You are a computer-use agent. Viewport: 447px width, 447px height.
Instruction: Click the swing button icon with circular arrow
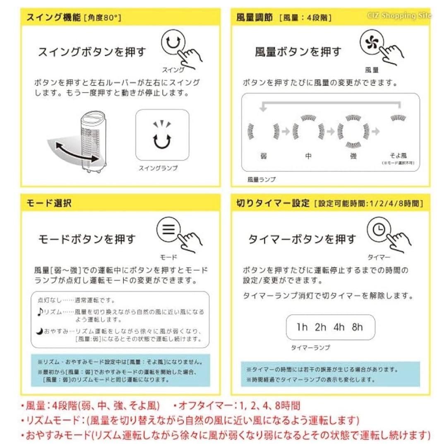pos(171,42)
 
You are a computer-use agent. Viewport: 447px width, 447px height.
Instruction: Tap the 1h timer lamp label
pos(302,327)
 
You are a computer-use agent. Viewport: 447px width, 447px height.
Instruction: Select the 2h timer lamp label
pos(320,327)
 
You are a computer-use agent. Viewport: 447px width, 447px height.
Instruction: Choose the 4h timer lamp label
pos(339,327)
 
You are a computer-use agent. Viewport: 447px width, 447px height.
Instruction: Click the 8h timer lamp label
pos(357,327)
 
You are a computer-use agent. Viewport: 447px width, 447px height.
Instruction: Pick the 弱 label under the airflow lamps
pos(263,156)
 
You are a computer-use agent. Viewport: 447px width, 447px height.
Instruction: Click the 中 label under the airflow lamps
pos(308,156)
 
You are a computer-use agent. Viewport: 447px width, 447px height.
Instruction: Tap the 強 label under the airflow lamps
pos(353,156)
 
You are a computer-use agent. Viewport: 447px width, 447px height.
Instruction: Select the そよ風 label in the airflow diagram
pos(399,156)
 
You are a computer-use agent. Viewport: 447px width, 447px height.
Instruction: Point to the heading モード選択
pos(49,203)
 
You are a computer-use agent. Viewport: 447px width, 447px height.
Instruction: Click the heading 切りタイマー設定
pos(273,203)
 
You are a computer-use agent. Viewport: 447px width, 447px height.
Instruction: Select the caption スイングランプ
pos(158,168)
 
